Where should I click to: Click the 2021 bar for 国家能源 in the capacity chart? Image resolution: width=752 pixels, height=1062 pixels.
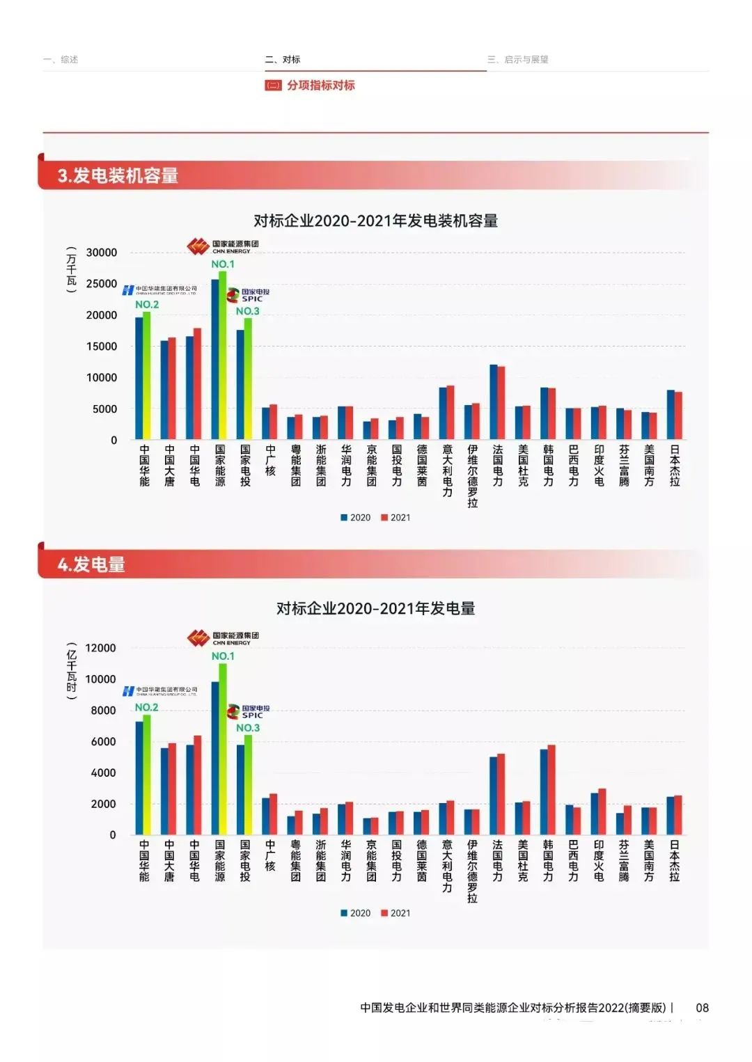223,355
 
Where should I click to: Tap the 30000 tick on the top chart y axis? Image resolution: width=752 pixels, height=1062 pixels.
102,253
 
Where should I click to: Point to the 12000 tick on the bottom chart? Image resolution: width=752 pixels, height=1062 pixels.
100,648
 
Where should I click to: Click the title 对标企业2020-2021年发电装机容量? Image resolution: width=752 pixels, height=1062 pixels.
375,221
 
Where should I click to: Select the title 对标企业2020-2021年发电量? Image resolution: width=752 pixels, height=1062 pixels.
375,609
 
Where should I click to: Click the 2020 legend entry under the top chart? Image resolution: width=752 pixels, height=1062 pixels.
356,518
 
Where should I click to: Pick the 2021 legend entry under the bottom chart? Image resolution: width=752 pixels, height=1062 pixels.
396,913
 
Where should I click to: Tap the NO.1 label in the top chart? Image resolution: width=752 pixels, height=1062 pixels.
223,264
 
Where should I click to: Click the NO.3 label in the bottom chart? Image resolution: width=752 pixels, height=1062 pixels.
248,728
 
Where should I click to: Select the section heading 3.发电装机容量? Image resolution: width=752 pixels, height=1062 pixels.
118,175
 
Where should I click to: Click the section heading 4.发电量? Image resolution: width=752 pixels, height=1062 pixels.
91,564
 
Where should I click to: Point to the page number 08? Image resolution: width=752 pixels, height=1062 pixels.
702,1008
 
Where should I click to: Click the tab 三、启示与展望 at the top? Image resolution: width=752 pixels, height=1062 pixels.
518,60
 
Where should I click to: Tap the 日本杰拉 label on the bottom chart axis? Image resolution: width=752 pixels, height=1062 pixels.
674,861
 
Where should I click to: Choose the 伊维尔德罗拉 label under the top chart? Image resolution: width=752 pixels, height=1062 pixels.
473,476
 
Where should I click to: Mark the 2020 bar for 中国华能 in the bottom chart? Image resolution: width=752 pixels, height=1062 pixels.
139,778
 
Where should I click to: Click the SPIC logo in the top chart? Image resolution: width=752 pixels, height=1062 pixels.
249,295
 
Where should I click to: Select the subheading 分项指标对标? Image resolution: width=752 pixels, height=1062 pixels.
320,86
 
